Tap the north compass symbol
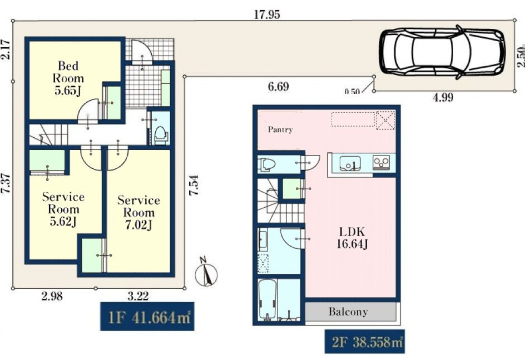click(206, 273)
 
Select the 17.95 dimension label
click(267, 15)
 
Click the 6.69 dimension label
click(278, 87)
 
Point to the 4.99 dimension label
click(443, 97)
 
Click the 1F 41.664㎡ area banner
click(147, 316)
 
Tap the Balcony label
click(348, 312)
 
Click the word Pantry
click(280, 129)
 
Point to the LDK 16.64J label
click(352, 238)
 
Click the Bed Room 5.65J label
click(68, 78)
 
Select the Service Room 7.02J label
click(139, 212)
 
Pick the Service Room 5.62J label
click(63, 209)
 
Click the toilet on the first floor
click(161, 135)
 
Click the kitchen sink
click(350, 163)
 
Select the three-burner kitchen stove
click(381, 162)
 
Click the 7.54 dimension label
click(194, 185)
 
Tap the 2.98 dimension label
click(52, 297)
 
